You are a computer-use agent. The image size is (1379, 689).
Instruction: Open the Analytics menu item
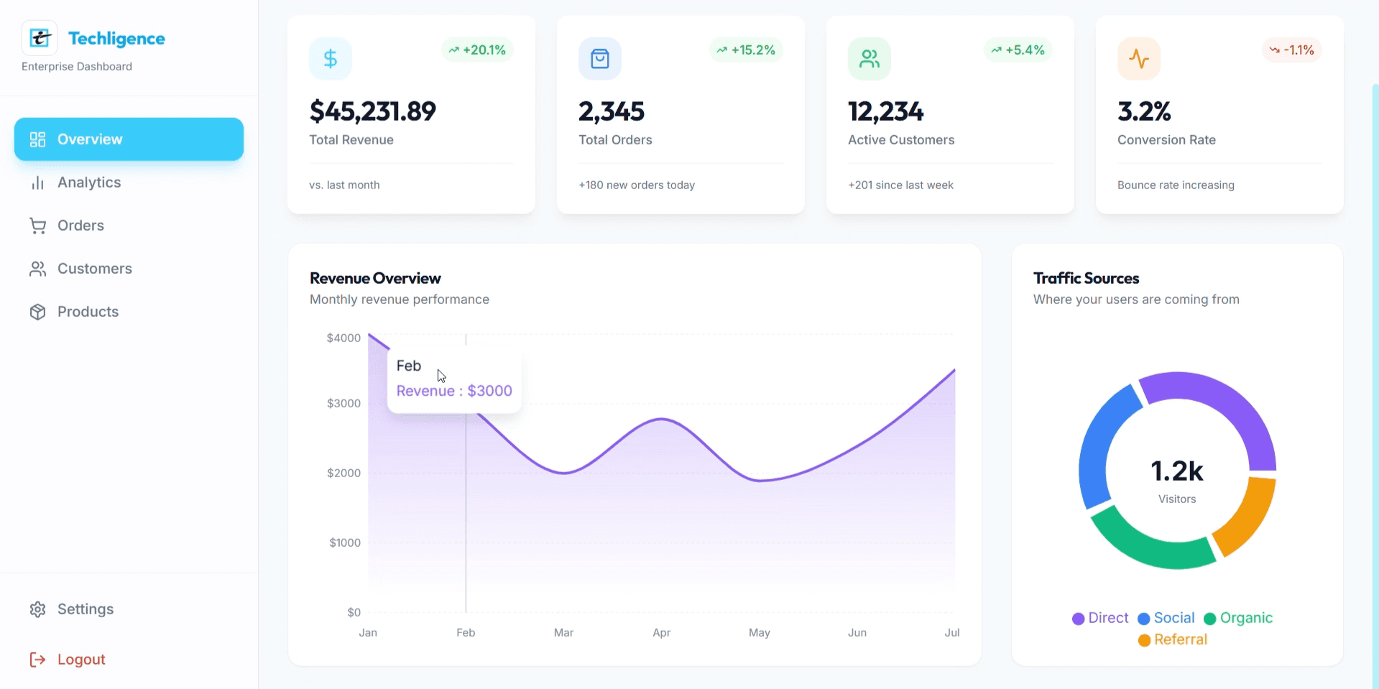[88, 182]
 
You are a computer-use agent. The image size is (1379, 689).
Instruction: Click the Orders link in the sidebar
[80, 226]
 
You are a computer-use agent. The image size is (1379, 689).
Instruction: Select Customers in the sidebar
[93, 269]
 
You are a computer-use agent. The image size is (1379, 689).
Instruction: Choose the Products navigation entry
[87, 312]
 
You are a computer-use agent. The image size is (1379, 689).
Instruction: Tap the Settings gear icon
[37, 609]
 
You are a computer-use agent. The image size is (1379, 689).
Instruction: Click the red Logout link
[80, 660]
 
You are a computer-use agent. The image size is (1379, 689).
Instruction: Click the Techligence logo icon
[40, 38]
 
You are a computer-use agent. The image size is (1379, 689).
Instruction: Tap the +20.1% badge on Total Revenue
[477, 50]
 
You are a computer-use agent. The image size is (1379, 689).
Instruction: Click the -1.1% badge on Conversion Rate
[1291, 50]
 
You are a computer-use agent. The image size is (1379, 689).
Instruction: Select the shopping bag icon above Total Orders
[599, 58]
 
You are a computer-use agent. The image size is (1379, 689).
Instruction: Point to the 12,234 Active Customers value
[885, 111]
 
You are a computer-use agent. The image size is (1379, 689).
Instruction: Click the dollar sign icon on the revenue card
[330, 58]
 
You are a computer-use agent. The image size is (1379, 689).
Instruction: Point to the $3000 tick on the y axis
[343, 403]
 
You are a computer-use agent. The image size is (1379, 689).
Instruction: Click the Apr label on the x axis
[661, 632]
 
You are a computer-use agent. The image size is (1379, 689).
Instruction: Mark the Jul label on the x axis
[951, 632]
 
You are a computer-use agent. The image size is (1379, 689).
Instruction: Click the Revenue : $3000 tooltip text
[454, 391]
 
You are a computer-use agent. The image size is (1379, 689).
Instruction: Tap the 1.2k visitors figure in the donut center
[1176, 471]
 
